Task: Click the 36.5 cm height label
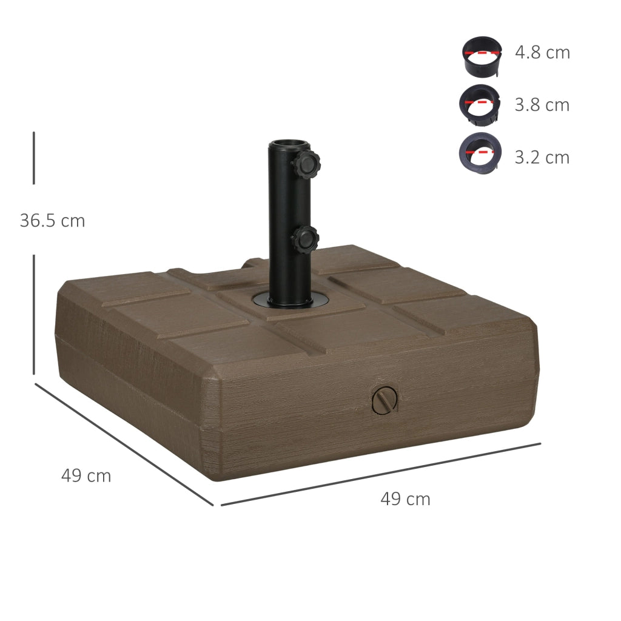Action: [x=52, y=221]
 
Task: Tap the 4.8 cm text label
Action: [x=542, y=53]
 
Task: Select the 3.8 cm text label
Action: [x=542, y=105]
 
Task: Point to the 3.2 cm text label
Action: [x=542, y=158]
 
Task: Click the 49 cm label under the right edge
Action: [x=405, y=499]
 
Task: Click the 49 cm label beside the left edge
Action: [x=86, y=476]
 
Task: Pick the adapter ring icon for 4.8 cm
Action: [x=482, y=57]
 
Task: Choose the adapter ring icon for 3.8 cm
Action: [x=480, y=106]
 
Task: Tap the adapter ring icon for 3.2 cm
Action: [x=480, y=152]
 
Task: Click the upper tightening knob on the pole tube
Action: [x=306, y=163]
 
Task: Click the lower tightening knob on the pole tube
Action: [x=305, y=239]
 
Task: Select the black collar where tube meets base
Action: [x=290, y=300]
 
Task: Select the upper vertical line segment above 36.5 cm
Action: [x=34, y=158]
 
